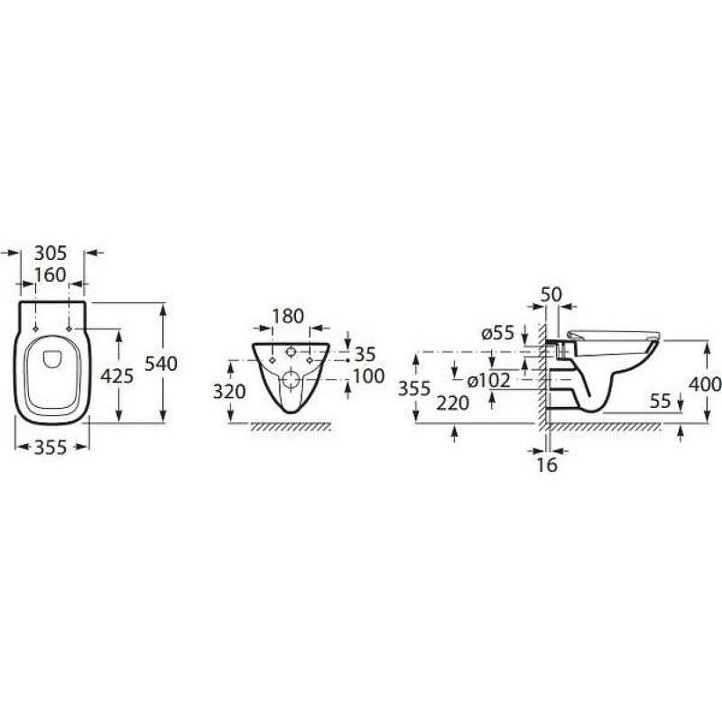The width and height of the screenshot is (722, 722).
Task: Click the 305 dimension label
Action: (51, 253)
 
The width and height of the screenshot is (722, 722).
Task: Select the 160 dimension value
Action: (51, 275)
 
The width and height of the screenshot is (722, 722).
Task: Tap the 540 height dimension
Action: (162, 364)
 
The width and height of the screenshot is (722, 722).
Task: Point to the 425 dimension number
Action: (117, 375)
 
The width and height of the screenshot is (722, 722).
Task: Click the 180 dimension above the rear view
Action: (288, 317)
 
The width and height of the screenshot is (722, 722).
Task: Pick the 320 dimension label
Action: (229, 392)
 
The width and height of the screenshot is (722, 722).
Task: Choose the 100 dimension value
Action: (368, 376)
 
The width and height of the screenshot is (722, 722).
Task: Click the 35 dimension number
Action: (366, 354)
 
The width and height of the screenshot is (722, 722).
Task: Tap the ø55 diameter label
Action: (498, 333)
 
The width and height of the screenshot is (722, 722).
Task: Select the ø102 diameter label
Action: (488, 380)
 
